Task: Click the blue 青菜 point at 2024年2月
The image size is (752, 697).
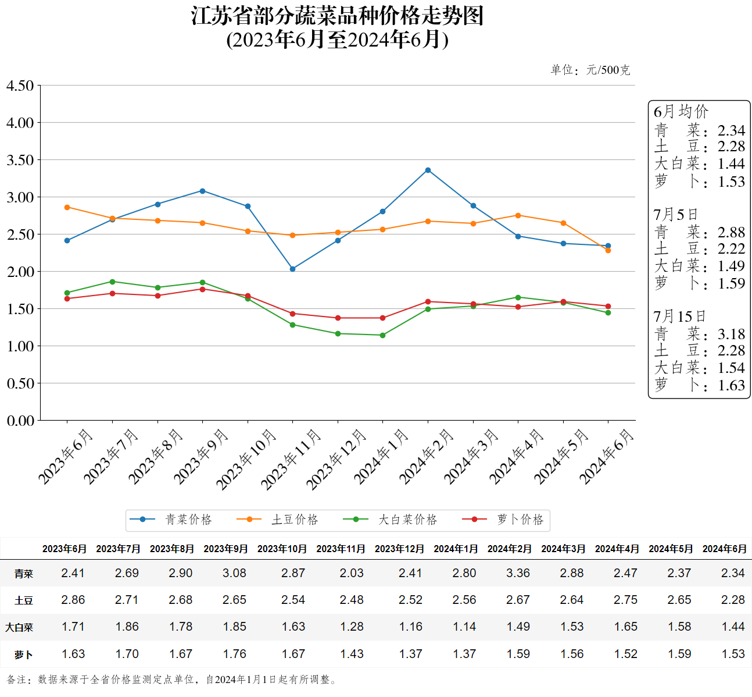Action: click(x=428, y=170)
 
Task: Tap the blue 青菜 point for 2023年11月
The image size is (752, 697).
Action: click(x=292, y=269)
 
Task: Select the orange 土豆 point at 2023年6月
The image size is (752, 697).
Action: click(x=67, y=207)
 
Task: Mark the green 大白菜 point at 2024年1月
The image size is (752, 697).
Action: click(x=382, y=335)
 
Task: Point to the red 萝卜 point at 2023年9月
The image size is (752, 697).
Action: click(x=202, y=289)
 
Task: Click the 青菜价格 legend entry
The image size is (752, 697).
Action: click(x=171, y=520)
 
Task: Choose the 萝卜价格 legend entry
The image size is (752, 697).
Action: click(x=503, y=520)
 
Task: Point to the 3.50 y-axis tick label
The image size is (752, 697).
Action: click(x=20, y=160)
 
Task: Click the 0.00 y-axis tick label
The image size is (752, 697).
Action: click(x=20, y=420)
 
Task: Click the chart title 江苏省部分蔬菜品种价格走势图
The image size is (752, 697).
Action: click(x=337, y=16)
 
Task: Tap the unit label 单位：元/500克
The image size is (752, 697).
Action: click(x=590, y=70)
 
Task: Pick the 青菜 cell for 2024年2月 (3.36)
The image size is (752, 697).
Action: click(x=518, y=573)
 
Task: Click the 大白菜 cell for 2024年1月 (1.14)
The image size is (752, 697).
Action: click(x=464, y=627)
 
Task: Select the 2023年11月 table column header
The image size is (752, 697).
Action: click(x=341, y=549)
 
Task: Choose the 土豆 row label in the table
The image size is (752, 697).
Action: click(x=24, y=600)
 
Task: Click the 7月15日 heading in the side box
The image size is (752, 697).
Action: click(x=679, y=317)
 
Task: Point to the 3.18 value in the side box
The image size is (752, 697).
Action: click(x=731, y=334)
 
